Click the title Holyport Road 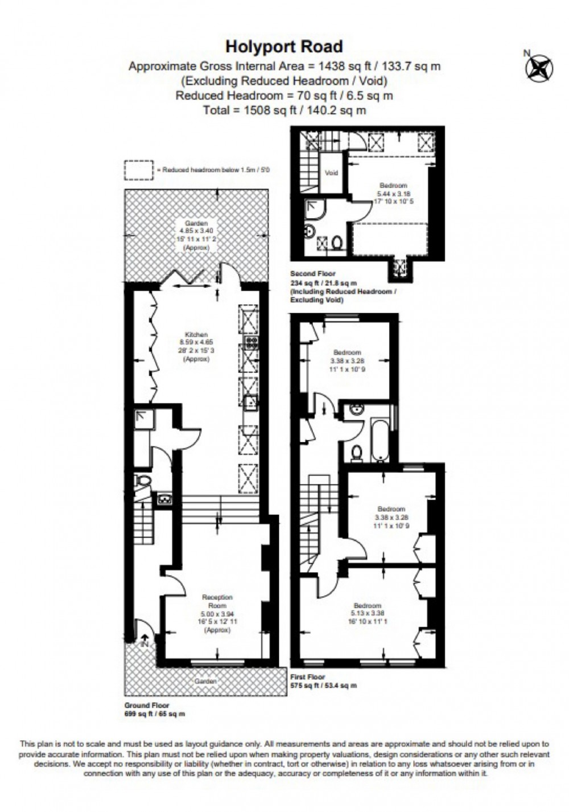click(284, 46)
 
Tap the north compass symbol click(538, 66)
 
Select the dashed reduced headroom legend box click(139, 170)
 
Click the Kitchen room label click(196, 334)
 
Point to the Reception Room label click(217, 601)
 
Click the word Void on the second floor click(331, 173)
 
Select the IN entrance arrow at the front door click(143, 640)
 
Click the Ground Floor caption click(147, 706)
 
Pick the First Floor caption click(308, 677)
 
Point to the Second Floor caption click(313, 274)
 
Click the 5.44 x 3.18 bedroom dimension click(393, 194)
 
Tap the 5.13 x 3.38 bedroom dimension click(368, 613)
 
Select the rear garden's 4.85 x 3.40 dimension click(195, 231)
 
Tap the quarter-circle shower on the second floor click(314, 210)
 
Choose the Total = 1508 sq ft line click(284, 110)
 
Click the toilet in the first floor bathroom click(357, 452)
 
